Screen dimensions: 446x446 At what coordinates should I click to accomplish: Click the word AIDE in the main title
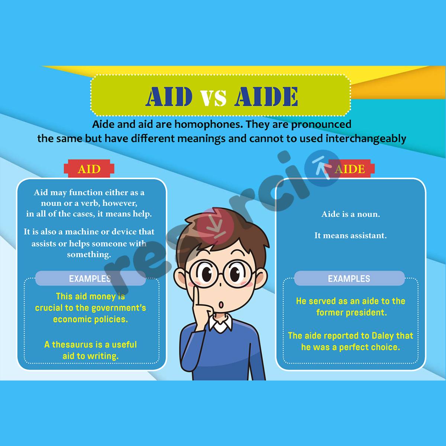(266, 97)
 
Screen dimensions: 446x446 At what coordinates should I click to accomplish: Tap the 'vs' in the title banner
(214, 98)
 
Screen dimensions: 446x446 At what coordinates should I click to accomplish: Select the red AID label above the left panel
(89, 169)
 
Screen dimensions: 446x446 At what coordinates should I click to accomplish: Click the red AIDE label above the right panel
(350, 169)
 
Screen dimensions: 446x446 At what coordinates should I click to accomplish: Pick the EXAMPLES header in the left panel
(90, 278)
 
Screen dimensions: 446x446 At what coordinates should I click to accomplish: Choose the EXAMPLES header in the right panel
(349, 278)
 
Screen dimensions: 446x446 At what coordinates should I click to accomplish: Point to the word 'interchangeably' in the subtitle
(366, 139)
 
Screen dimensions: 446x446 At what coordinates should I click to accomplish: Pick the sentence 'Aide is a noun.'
(350, 214)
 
